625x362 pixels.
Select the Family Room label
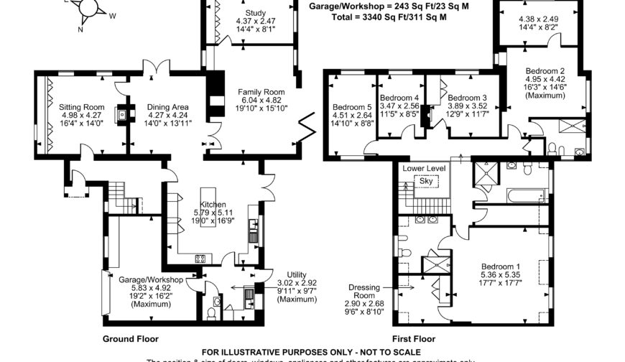coord(262,92)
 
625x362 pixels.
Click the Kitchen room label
coord(213,205)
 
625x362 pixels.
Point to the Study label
coord(255,13)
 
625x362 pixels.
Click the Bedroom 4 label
coord(399,98)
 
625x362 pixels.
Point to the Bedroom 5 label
coord(352,108)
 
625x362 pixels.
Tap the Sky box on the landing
coord(426,182)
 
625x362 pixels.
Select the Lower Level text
coord(424,168)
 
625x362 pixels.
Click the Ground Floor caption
coord(131,338)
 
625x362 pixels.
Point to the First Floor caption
coord(414,338)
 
